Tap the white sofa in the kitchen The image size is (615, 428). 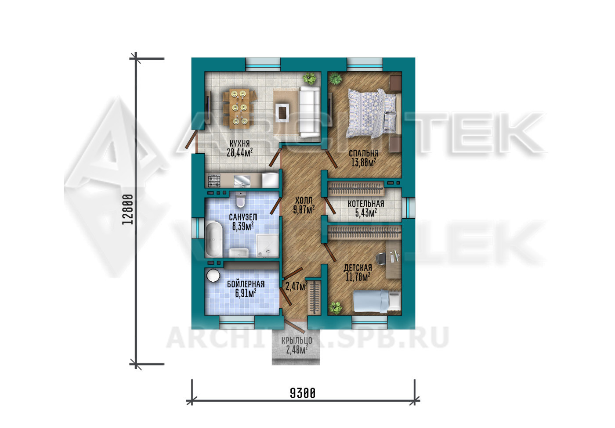click(310, 111)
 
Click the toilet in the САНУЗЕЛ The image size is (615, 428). click(241, 200)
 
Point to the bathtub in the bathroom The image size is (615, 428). click(214, 240)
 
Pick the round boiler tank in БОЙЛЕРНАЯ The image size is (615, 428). click(213, 276)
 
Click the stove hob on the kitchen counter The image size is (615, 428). click(214, 180)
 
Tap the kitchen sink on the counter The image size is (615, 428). click(242, 180)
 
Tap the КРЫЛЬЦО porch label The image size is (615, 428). click(297, 341)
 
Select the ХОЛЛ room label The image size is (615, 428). click(304, 200)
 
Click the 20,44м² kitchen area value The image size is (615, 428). click(240, 153)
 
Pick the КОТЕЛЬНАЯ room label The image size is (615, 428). click(365, 204)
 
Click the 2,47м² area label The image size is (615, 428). click(297, 286)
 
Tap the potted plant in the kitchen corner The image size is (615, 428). click(310, 79)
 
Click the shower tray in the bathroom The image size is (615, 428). click(267, 245)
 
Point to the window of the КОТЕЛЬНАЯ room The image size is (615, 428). click(409, 208)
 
